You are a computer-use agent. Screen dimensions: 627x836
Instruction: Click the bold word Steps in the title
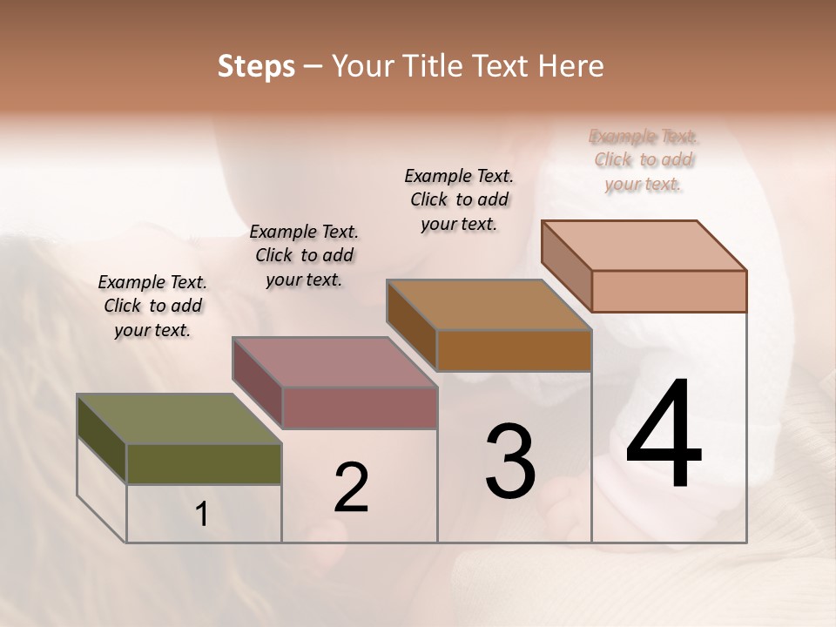256,66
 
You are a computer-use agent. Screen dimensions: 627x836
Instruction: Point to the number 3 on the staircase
510,462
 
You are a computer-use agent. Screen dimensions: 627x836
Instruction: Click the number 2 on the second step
351,489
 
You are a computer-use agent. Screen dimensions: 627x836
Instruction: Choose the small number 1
202,515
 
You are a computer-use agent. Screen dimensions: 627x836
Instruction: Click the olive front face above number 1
204,464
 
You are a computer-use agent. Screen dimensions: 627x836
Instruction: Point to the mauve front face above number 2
359,408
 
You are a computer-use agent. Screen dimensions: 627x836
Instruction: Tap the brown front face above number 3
514,350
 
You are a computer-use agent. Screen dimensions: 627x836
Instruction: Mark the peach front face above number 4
669,291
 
